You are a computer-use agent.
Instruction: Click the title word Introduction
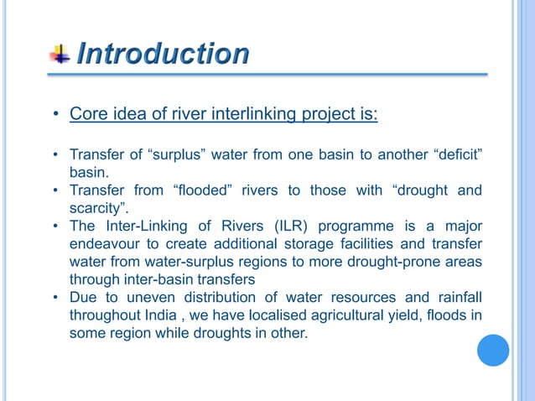point(163,55)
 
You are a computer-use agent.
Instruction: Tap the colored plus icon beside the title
point(60,55)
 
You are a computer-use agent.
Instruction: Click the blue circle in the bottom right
point(493,350)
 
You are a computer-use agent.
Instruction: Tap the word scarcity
point(96,207)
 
